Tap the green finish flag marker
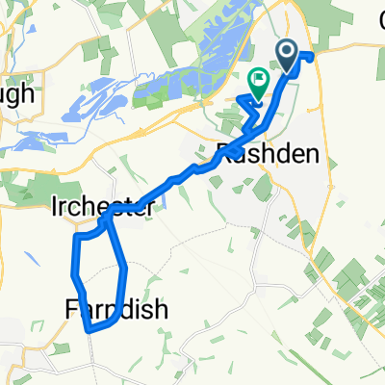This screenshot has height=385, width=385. (x=258, y=83)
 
